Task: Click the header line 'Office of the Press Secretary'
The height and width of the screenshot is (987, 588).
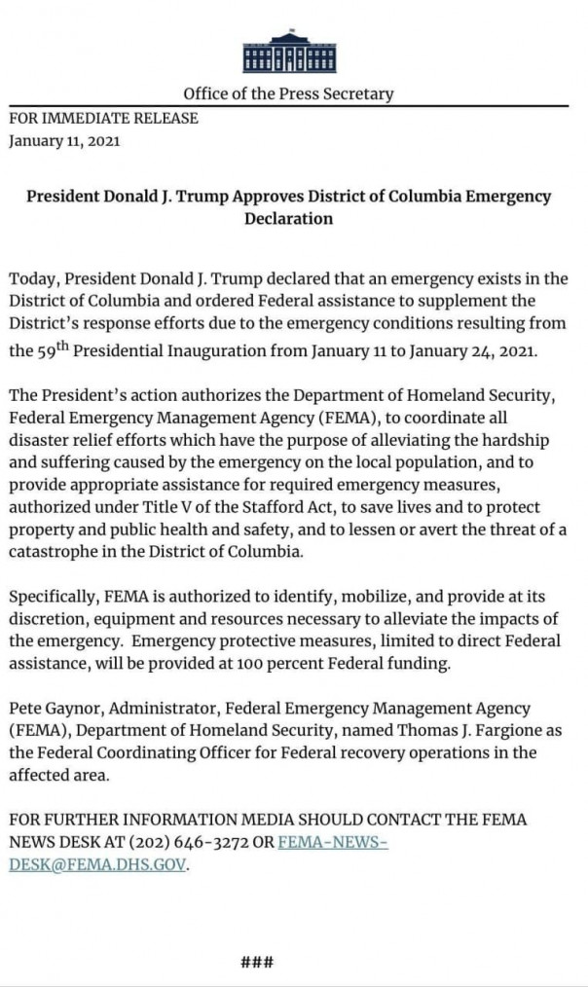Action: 288,94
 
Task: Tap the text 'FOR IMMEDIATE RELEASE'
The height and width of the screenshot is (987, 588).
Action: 103,118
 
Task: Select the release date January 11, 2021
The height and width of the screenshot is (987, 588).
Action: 64,141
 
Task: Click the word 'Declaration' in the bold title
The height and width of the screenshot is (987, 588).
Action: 288,219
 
